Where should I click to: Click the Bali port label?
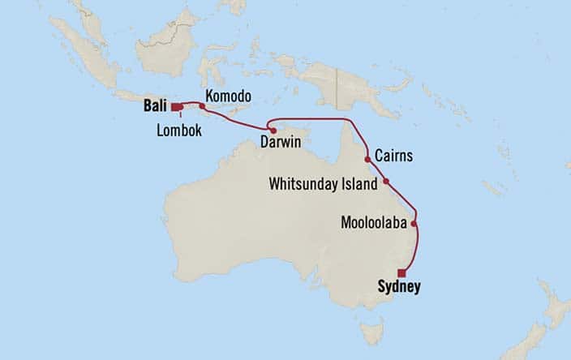tap(156, 105)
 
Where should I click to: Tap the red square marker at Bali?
tap(175, 105)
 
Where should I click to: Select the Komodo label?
tap(228, 96)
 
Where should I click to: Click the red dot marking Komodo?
tap(202, 105)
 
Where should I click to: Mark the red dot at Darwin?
tap(273, 131)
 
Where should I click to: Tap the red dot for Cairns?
tap(368, 160)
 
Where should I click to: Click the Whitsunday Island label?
tap(323, 185)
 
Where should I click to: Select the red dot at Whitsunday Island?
tap(386, 181)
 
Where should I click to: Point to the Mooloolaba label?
tap(375, 221)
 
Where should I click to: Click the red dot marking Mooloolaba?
tap(414, 224)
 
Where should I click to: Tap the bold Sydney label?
tap(399, 286)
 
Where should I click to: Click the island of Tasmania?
tap(372, 331)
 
